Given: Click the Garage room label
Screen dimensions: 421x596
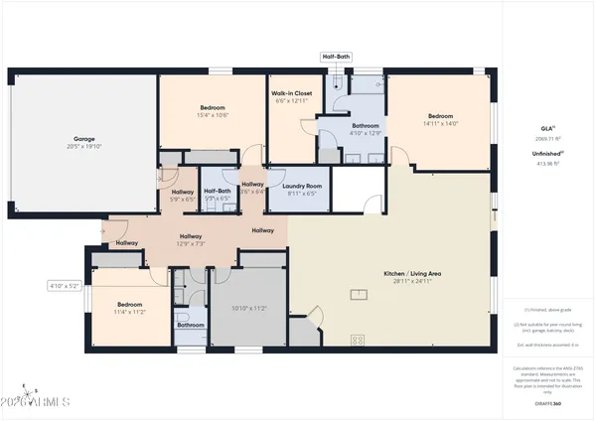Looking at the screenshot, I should [83, 139].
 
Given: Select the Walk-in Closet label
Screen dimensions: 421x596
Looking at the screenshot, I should [292, 93].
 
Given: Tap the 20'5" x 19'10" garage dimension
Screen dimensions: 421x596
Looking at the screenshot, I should [83, 147].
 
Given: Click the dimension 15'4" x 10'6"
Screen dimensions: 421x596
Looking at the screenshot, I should [213, 115].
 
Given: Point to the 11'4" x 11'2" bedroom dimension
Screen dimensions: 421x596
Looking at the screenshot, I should [129, 312].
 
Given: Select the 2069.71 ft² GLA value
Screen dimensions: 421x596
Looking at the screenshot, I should [546, 139].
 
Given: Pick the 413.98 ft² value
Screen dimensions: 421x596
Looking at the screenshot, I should [546, 163].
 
